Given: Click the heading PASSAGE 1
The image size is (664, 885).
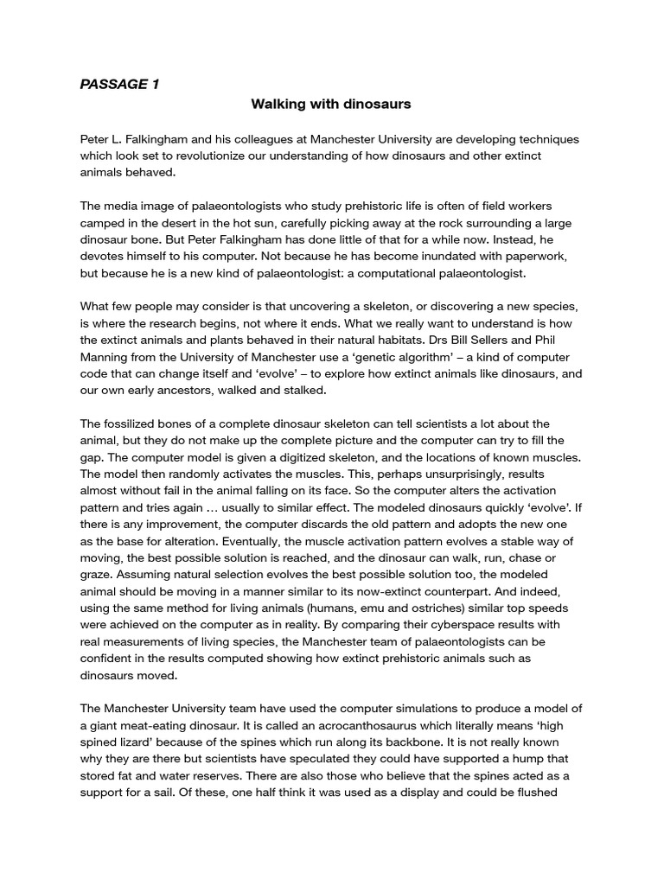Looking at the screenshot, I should pos(119,84).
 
